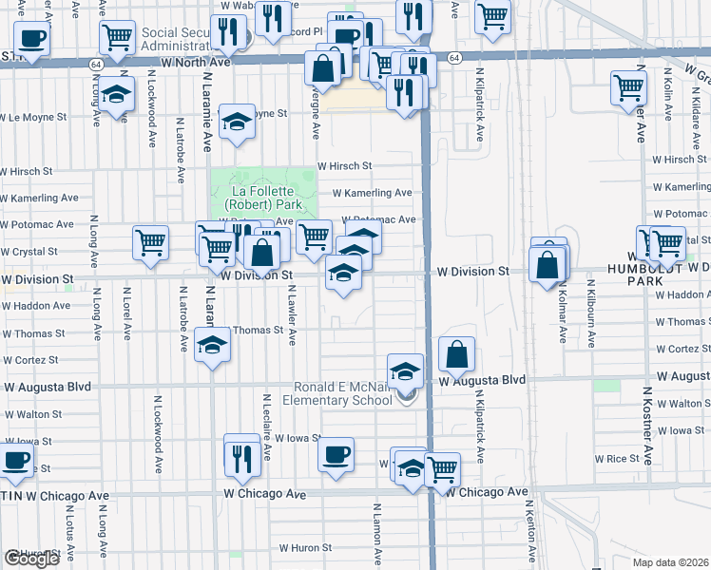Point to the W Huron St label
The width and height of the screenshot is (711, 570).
(305, 548)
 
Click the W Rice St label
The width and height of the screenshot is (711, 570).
(617, 458)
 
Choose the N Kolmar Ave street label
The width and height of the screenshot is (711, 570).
(562, 311)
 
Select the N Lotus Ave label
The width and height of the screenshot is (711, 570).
(69, 531)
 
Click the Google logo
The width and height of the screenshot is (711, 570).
(30, 559)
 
